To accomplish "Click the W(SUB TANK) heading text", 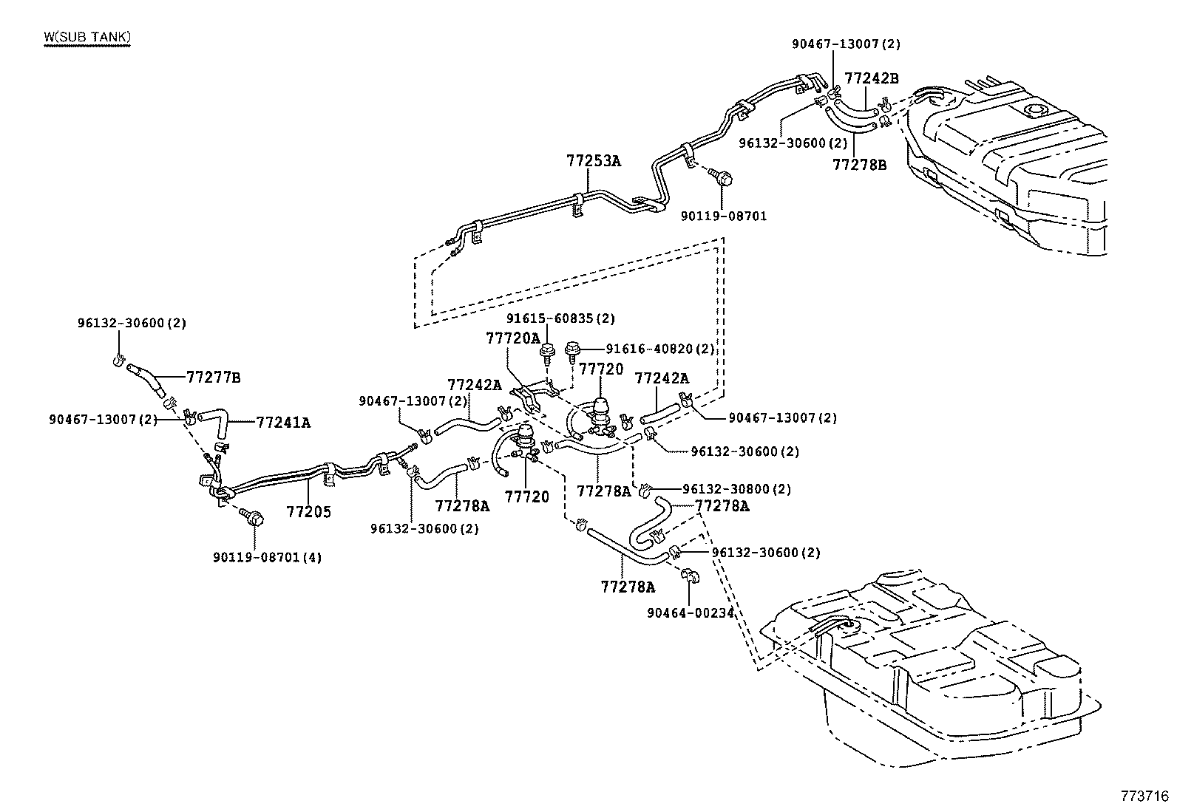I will (87, 37).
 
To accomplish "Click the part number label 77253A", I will (594, 160).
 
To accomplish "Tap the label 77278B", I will (859, 165).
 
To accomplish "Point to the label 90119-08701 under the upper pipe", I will (724, 216).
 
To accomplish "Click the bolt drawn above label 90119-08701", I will (722, 178).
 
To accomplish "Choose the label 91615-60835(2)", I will (560, 318).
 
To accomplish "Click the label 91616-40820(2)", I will (660, 348).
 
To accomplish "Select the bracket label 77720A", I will (513, 338).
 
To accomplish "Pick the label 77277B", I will (213, 378).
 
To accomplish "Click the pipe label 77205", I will (308, 511).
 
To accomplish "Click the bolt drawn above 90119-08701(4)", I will (254, 518).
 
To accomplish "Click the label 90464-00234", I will (691, 612).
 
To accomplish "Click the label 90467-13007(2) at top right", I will (846, 44).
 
